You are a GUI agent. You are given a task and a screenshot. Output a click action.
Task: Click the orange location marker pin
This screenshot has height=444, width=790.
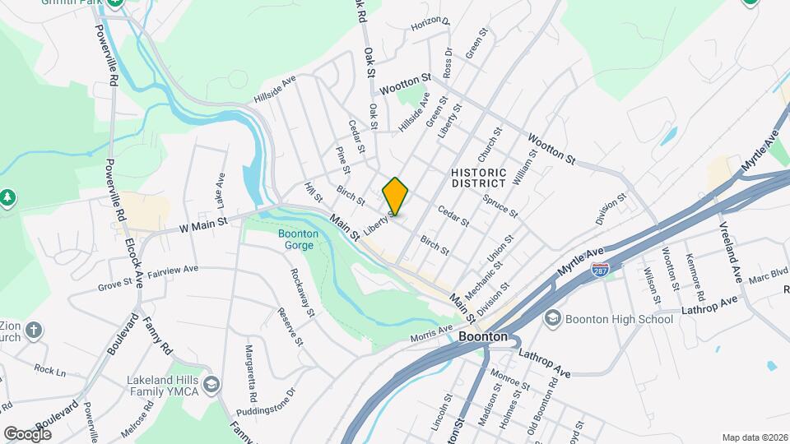tap(396, 197)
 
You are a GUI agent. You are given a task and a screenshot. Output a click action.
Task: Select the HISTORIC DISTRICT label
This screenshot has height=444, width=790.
tap(477, 177)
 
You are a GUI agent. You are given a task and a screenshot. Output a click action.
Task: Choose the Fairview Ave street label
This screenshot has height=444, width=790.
tap(173, 270)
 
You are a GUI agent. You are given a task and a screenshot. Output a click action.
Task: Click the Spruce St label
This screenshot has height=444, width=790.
tap(500, 206)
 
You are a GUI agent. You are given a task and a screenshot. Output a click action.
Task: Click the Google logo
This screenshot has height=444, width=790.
tap(26, 433)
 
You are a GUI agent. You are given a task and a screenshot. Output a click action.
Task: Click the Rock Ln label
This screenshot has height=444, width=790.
tap(49, 371)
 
